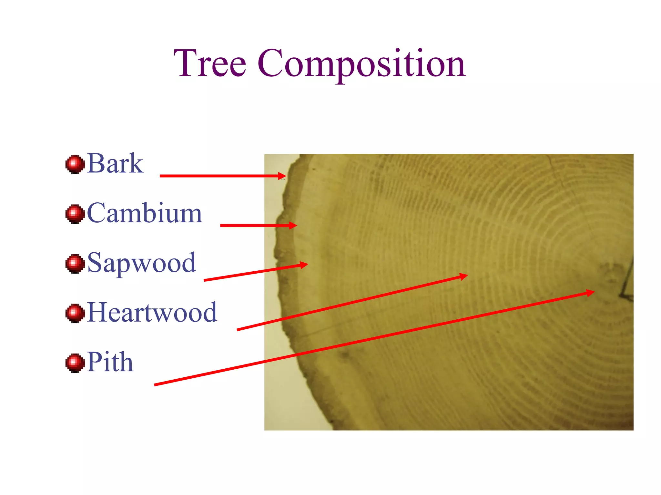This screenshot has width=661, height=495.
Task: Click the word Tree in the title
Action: point(210,63)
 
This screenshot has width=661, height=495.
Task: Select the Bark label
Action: point(115,164)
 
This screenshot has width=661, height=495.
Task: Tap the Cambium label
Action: point(145,213)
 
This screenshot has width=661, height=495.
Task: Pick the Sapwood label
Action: point(141,263)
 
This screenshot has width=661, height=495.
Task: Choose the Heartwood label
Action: point(152,312)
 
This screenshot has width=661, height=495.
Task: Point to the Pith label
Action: point(110,362)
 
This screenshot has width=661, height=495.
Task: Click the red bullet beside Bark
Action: point(75,164)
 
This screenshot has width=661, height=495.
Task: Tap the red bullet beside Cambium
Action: point(75,214)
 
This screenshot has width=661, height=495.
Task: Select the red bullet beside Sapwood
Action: point(75,264)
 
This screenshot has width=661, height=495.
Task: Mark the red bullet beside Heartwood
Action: point(75,313)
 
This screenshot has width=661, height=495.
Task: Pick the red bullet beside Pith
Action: point(75,363)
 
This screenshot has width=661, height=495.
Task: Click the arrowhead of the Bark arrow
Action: point(283,176)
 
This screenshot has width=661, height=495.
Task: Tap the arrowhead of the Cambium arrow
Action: point(293,225)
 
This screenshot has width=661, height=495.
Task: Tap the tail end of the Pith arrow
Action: point(155,385)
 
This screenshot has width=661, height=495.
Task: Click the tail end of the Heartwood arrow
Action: point(238,330)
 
